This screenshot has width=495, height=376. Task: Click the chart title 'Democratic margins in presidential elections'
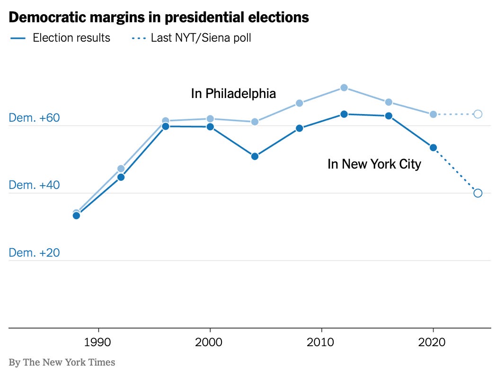coord(159,18)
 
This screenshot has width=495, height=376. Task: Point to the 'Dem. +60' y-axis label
coord(35,118)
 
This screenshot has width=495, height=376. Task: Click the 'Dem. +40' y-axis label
coord(35,185)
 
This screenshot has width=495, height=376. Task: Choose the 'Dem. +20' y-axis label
coord(35,253)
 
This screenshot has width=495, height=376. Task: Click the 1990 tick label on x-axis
coord(98,342)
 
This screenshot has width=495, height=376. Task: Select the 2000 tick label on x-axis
coord(210,342)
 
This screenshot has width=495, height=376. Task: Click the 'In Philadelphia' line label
coord(233,94)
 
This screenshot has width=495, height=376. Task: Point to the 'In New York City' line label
coord(374,164)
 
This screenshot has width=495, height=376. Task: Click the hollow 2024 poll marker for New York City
coord(478,193)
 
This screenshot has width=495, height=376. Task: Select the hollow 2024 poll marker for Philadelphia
coord(478,114)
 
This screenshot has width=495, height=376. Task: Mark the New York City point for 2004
coord(255,156)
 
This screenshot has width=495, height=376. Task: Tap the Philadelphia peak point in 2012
coord(344,88)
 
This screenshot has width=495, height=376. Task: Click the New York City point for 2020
coord(433,148)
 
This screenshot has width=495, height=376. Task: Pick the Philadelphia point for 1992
coord(121,169)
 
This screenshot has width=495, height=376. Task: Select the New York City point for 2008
coord(299,128)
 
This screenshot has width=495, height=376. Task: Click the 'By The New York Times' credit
coord(62,362)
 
